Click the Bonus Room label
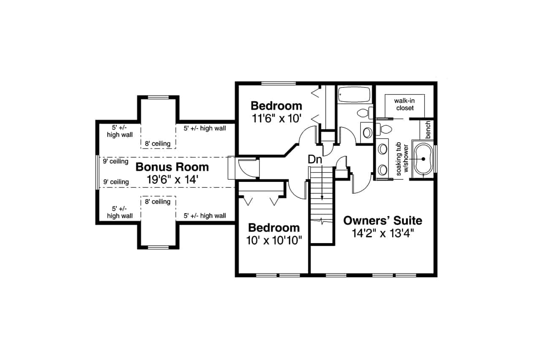(x=172, y=167)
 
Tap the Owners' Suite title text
(x=383, y=221)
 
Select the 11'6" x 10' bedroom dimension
(x=276, y=119)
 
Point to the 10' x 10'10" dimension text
(x=274, y=241)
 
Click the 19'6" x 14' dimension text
(x=173, y=179)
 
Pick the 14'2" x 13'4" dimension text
(x=383, y=233)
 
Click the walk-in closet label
(x=405, y=104)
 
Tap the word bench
(x=428, y=130)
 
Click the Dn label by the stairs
(x=315, y=160)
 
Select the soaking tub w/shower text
(x=402, y=159)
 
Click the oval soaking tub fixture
(x=423, y=159)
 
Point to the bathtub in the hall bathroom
(x=354, y=95)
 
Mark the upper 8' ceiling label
(x=158, y=144)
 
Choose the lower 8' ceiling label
(x=158, y=202)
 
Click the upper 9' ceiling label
(x=116, y=161)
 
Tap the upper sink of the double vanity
(x=383, y=149)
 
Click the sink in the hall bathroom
(x=367, y=133)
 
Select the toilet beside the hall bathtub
(x=364, y=113)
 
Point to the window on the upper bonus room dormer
(x=158, y=97)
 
